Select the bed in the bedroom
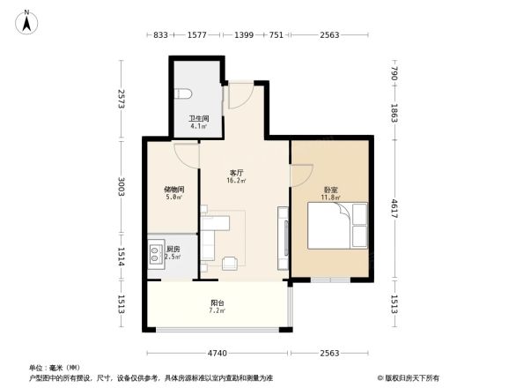click(x=336, y=225)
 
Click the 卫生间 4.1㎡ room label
click(x=196, y=123)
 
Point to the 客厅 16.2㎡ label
click(x=237, y=176)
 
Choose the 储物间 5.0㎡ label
click(x=173, y=193)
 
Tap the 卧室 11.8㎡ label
click(x=329, y=194)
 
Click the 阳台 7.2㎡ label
click(x=217, y=307)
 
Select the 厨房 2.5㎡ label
click(x=173, y=253)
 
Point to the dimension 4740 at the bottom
click(x=217, y=353)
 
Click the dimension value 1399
click(x=244, y=34)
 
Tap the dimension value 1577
click(x=198, y=34)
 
